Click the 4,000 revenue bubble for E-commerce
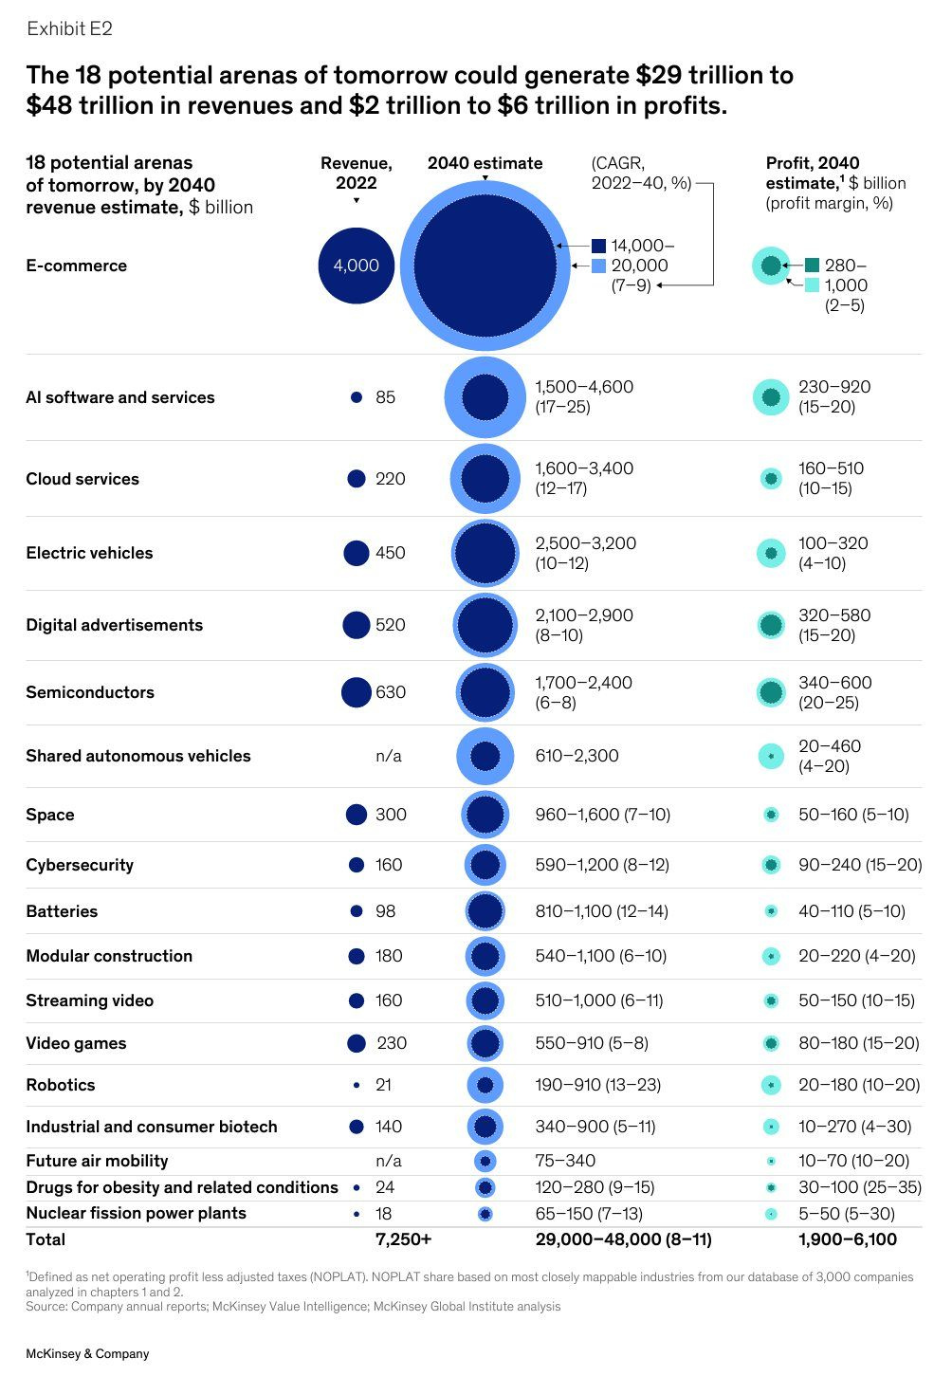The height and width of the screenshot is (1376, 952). (x=356, y=266)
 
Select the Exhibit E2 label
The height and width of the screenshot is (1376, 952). (x=69, y=29)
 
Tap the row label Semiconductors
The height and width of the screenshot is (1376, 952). (x=90, y=692)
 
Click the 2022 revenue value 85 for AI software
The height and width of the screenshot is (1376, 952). (x=385, y=397)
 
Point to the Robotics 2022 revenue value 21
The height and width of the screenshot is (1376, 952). (x=383, y=1085)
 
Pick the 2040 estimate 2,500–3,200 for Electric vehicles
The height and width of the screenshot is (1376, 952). (x=585, y=543)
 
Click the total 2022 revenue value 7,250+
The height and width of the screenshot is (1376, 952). (x=403, y=1239)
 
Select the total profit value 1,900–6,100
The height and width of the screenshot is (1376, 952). (x=847, y=1239)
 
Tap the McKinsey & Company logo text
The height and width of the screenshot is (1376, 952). (x=87, y=1353)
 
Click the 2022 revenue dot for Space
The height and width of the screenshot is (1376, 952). (x=357, y=815)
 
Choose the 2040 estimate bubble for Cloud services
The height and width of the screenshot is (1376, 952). (x=485, y=479)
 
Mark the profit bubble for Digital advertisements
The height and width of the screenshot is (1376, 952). (x=771, y=625)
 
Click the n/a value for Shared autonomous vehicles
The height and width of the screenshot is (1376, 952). (x=389, y=756)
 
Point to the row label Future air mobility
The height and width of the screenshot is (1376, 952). (x=97, y=1161)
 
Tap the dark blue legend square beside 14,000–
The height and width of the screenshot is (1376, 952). (x=598, y=246)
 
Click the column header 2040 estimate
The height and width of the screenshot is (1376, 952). (x=485, y=163)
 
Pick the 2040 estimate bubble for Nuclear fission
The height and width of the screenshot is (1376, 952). (x=485, y=1214)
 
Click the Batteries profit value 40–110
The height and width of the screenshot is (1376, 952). (x=826, y=911)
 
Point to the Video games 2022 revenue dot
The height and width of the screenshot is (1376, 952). (x=357, y=1043)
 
